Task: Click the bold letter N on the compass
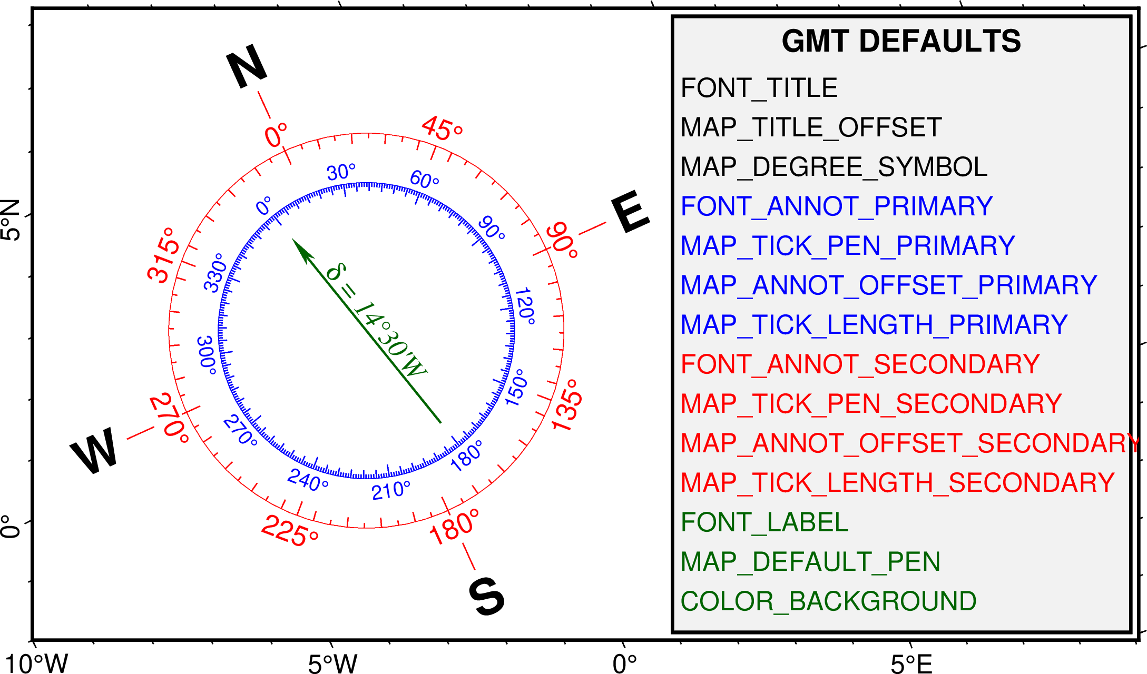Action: [x=247, y=66]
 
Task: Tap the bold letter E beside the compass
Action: [x=631, y=211]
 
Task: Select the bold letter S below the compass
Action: [x=487, y=596]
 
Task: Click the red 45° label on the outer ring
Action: [x=442, y=129]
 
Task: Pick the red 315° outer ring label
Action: [x=163, y=255]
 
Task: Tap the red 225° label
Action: [x=290, y=531]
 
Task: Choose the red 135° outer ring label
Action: [x=567, y=405]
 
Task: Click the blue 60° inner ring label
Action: [x=424, y=180]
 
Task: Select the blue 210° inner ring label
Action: [x=390, y=491]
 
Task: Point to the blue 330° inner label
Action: [x=215, y=272]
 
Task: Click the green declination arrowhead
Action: [x=302, y=249]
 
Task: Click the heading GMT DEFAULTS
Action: [x=901, y=41]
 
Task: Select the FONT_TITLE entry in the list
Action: [x=759, y=88]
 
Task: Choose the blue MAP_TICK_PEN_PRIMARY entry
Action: [x=847, y=246]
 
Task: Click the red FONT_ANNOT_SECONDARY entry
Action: [x=860, y=364]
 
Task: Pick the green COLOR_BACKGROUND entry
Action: [x=828, y=601]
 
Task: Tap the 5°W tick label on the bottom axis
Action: [x=332, y=664]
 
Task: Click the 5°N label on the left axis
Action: [x=11, y=220]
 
